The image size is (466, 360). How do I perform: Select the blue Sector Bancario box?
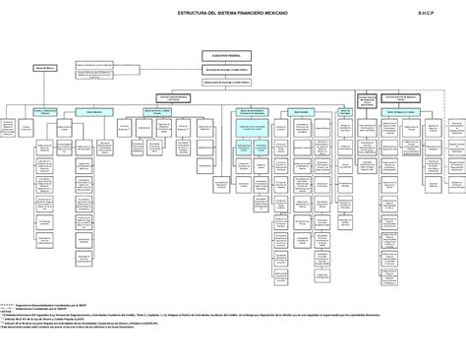click(x=95, y=112)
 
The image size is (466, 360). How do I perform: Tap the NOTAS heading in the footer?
click(x=10, y=308)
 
